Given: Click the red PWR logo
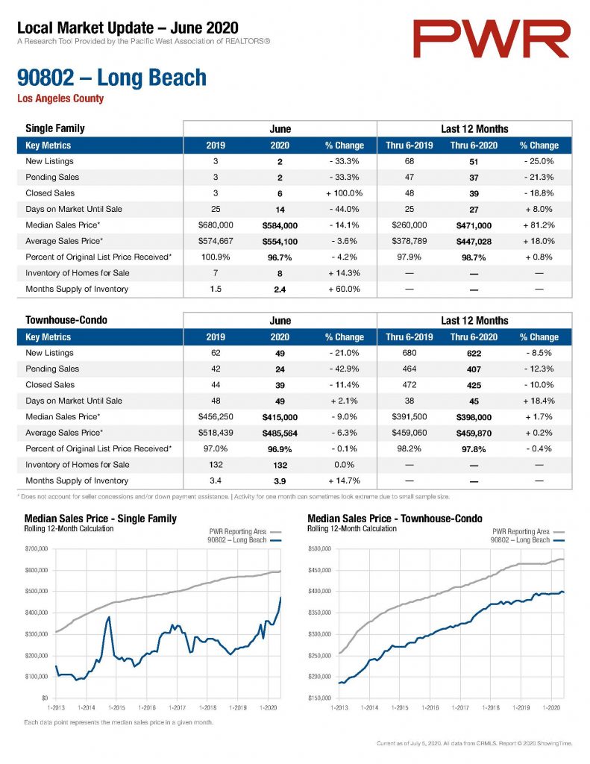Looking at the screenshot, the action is pos(491,39).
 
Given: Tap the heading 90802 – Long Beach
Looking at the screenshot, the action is pos(112,78).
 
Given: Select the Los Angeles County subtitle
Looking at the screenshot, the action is pos(60,98).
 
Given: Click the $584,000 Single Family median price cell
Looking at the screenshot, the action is pos(280,225).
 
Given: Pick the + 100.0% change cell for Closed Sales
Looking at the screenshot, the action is pos(344,193).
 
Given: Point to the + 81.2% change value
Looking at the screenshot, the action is pos(539,225).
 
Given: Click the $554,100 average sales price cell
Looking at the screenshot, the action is pos(280,242).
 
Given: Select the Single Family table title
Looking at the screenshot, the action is pos(55,128).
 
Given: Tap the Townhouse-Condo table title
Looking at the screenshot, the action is pos(66,320).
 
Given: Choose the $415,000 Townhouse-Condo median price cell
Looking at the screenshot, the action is pos(280,417).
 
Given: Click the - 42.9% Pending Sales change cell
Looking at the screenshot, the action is pos(344,369).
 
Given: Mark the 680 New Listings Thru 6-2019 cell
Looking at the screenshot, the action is pos(409,353).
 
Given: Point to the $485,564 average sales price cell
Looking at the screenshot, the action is pos(280,433).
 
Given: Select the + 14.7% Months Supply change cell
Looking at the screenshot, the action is pos(344,480).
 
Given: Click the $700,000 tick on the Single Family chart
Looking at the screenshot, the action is pos(37,548).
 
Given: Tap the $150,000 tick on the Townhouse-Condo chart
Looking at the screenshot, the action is pos(319,698).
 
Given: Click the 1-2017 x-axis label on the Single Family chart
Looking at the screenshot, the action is pos(177,707).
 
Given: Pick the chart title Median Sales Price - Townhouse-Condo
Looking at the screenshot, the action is pos(395,519).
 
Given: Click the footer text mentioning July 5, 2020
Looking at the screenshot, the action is pos(474,744).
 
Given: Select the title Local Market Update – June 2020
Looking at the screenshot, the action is pos(128,28).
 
